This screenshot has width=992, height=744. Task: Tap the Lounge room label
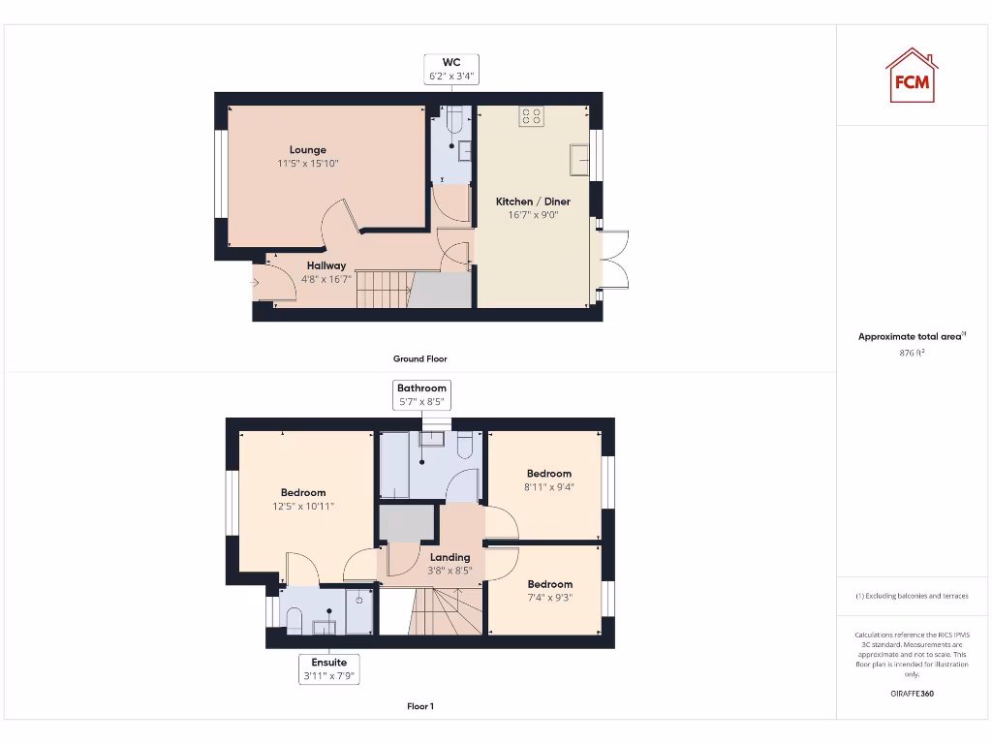[x=308, y=150]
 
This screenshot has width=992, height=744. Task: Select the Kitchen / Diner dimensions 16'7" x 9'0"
[x=533, y=215]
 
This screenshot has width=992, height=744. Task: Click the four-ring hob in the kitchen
[x=530, y=117]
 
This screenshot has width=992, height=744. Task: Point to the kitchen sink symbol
[x=580, y=159]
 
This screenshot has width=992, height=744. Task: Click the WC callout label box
[x=450, y=69]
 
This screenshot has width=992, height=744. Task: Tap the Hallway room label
[x=326, y=265]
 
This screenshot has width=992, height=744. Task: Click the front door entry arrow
[x=255, y=283]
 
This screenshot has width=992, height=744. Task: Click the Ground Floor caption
[x=419, y=358]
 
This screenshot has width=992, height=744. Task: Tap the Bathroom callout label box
[x=421, y=394]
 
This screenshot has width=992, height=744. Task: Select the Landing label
[x=449, y=557]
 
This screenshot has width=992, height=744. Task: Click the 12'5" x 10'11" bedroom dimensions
[x=303, y=506]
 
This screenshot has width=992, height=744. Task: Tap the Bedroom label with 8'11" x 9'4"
[x=549, y=474]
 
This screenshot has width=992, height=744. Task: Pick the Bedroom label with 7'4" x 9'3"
[x=549, y=584]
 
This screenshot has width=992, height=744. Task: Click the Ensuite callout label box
[x=329, y=669]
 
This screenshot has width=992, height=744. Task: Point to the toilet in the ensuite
[x=294, y=618]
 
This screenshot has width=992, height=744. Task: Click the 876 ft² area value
[x=911, y=354]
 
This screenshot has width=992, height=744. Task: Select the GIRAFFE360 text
[x=911, y=694]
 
